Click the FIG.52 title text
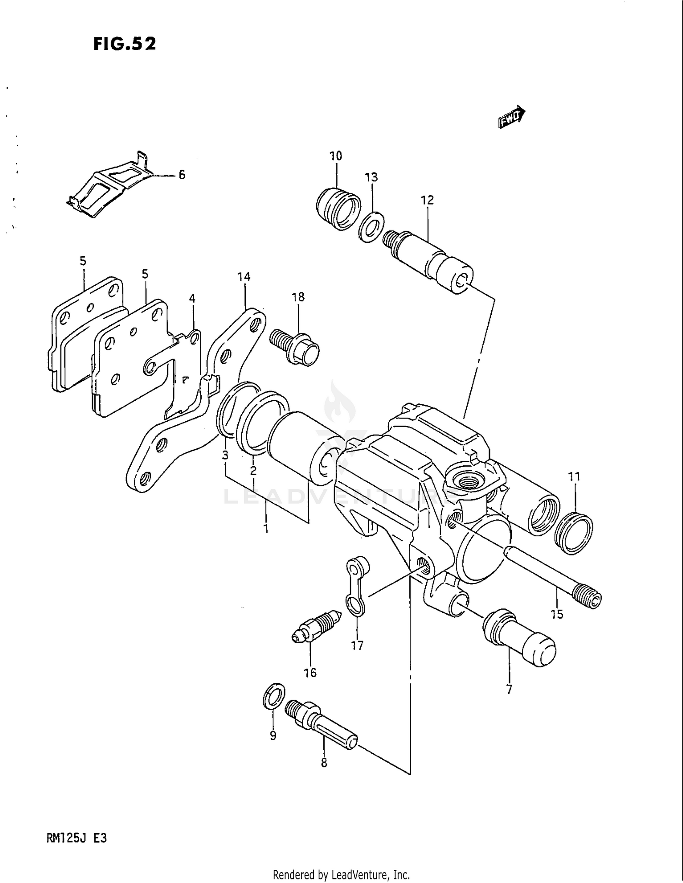124,44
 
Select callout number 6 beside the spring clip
182,175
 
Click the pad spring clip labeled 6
109,187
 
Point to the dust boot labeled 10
338,209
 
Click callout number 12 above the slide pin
427,200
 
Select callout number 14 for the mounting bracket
244,276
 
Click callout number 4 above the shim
192,299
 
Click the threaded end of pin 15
588,596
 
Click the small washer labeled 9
274,696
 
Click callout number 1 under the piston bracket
265,529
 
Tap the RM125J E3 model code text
76,838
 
